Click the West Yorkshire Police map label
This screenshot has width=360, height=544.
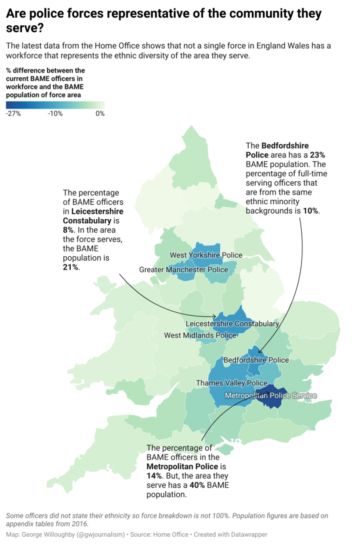(206, 255)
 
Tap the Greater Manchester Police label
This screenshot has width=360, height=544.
(183, 270)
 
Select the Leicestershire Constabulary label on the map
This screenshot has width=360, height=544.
(232, 324)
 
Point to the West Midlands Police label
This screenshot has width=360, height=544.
(200, 335)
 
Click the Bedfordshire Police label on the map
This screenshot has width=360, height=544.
(256, 360)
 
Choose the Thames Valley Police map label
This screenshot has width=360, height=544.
(231, 383)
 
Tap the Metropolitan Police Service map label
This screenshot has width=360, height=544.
(271, 396)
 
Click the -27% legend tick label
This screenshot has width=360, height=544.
(13, 114)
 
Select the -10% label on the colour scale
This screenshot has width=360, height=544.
(55, 114)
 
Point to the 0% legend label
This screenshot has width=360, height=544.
(100, 114)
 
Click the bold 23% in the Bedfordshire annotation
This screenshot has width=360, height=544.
(317, 155)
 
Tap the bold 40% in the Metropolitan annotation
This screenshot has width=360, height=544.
(197, 485)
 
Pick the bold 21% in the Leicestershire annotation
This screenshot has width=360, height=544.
(71, 267)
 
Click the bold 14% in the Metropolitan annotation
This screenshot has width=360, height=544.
(154, 476)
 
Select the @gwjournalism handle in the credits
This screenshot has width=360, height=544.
(101, 534)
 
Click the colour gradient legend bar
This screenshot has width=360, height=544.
(55, 105)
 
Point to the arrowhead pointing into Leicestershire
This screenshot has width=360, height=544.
(215, 316)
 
